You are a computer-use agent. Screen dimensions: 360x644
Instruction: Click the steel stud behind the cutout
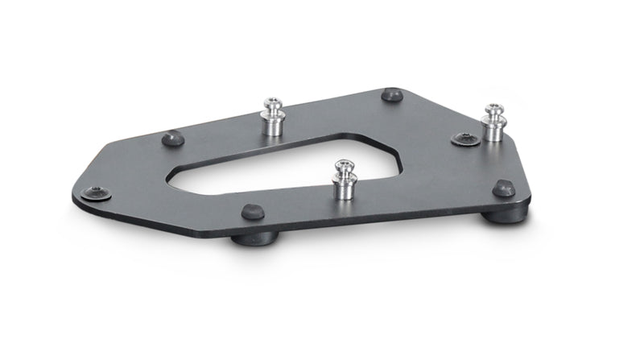click(x=273, y=118)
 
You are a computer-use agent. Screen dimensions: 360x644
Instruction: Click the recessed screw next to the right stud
click(x=464, y=139)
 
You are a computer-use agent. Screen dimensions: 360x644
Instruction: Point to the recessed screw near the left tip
click(x=97, y=192)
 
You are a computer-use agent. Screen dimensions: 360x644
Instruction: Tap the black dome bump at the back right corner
click(x=392, y=94)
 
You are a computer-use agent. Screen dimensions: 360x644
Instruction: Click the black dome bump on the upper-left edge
click(x=172, y=139)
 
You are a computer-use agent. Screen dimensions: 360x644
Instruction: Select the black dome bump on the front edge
click(x=252, y=212)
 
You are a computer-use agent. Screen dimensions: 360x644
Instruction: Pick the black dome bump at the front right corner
click(x=504, y=188)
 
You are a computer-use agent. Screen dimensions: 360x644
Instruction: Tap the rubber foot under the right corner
click(x=506, y=214)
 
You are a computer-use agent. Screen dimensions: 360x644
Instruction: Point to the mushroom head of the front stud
click(x=345, y=167)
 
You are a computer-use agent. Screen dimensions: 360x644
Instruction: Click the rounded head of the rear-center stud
click(x=272, y=104)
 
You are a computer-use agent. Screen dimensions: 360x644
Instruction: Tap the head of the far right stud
click(x=493, y=110)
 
